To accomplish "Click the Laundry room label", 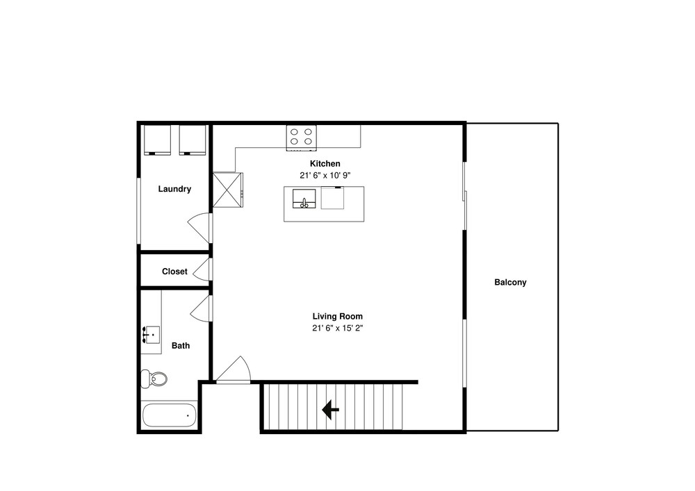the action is pos(174,189).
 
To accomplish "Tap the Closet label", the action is pos(174,272).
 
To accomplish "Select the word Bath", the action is pos(181,345).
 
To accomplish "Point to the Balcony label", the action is pos(510,283).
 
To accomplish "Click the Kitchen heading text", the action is pos(325,164).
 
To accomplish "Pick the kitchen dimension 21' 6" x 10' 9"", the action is pos(325,175).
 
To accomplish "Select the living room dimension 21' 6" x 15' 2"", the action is pos(338,328).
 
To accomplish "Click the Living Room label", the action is pos(338,316).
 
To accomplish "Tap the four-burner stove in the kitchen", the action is pos(302,138).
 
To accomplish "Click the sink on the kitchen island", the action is pos(304,199).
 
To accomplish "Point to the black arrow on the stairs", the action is pos(330,410).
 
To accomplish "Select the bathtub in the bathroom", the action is pos(169,415).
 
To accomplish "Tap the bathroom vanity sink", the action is pos(151,335).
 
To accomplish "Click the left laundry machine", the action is pos(157,140).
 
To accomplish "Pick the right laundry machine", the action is pos(193,140).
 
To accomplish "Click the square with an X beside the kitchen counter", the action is pos(228,190).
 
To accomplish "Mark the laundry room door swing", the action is pos(200,228).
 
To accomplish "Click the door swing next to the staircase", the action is pos(233,369).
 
